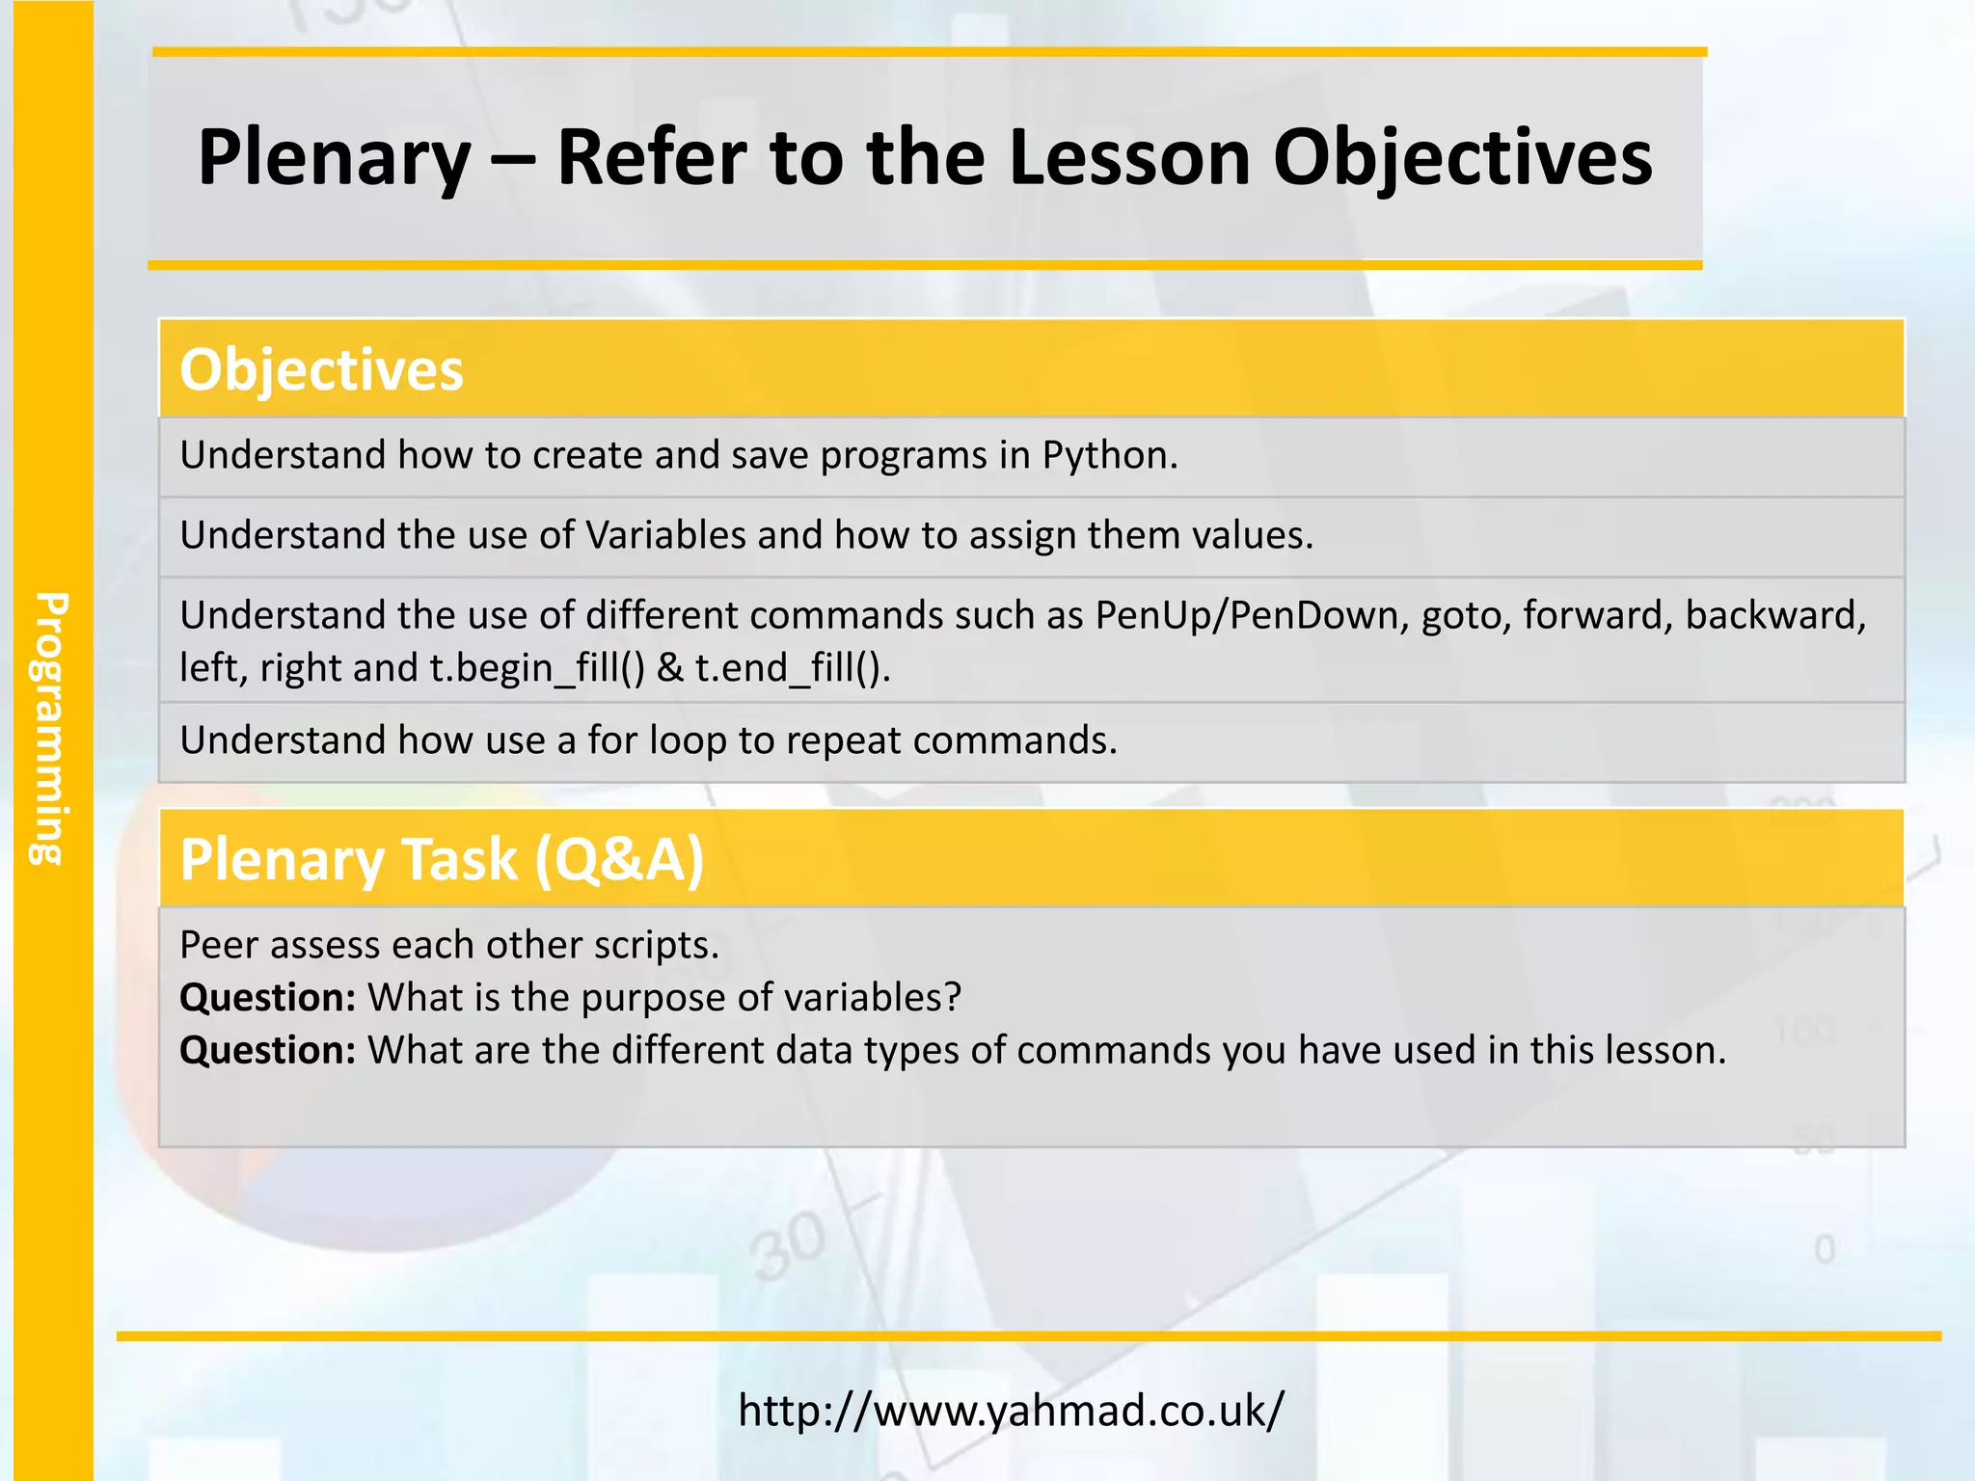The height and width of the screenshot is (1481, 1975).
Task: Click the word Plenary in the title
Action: click(334, 159)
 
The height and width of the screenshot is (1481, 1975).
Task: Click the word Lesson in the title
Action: click(1128, 159)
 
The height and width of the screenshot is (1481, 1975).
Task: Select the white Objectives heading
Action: click(321, 370)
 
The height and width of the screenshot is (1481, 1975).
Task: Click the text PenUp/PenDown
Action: click(1247, 616)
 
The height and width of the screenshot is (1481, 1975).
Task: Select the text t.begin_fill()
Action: click(536, 668)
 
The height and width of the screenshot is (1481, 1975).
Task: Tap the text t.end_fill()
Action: click(791, 668)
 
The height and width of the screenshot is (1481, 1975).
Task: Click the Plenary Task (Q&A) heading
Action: click(442, 859)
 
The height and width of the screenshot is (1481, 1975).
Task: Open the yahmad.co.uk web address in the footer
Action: click(1011, 1411)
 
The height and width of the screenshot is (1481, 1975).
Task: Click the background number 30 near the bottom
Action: click(790, 1246)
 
